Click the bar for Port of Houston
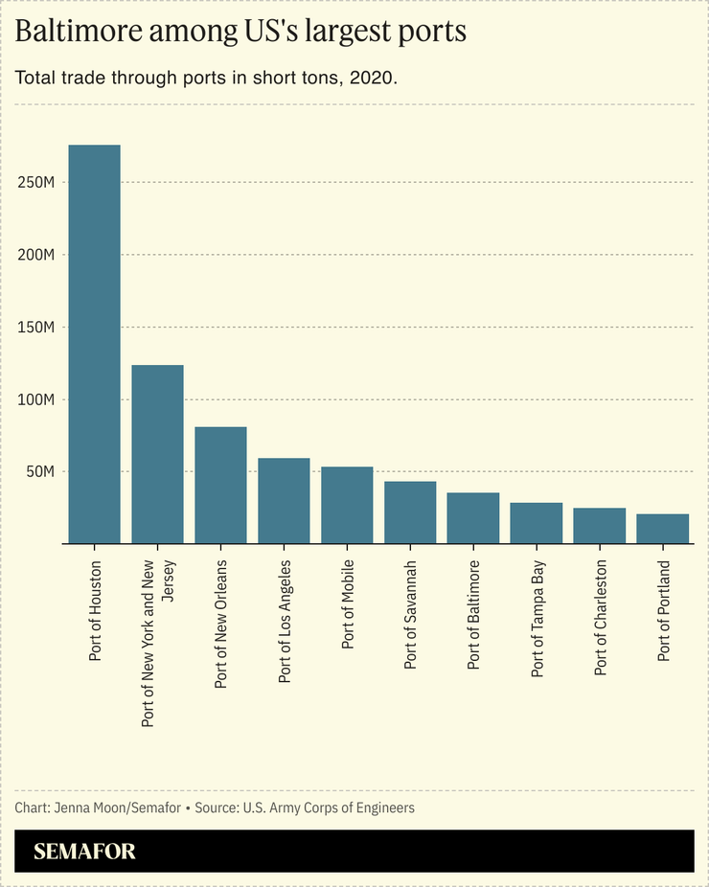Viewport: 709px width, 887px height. [x=94, y=345]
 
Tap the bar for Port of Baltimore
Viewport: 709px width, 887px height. [x=473, y=518]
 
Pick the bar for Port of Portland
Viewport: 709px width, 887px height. [x=662, y=529]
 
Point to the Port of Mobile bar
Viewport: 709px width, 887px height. [x=347, y=506]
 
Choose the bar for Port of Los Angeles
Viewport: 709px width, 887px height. [x=284, y=501]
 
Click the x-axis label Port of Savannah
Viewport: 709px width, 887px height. [x=410, y=614]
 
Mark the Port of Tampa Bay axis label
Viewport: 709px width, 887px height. [x=537, y=619]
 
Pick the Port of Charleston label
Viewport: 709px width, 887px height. [x=600, y=618]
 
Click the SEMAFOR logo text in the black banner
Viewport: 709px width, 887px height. [x=84, y=852]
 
